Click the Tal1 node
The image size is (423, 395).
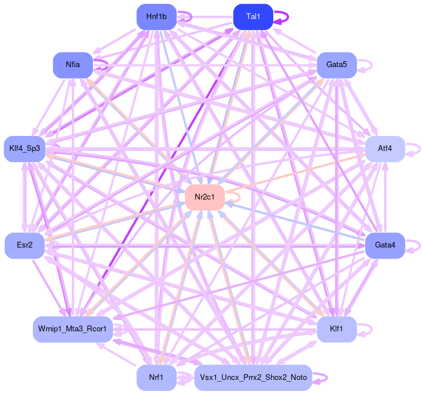[253, 16]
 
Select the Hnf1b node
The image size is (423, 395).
[156, 16]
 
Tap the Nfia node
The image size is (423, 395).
[73, 65]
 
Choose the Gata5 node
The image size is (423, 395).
[336, 65]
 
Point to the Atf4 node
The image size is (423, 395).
[385, 149]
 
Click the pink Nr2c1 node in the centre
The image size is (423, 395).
[205, 197]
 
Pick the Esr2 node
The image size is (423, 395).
[24, 246]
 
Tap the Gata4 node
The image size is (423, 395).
[385, 246]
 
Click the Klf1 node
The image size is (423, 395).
[336, 329]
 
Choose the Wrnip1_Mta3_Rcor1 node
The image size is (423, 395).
[73, 329]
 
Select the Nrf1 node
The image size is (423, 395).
[156, 378]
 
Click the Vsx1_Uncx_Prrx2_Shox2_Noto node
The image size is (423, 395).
[253, 378]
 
